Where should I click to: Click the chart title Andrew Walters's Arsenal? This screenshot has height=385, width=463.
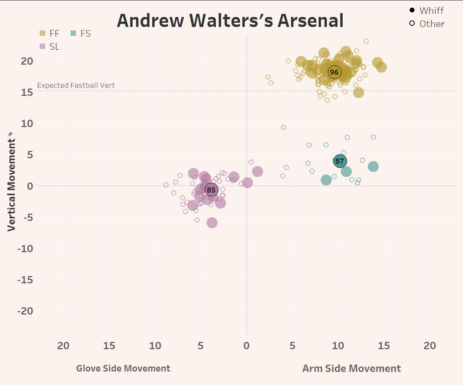(x=230, y=21)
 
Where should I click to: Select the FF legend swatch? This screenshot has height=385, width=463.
(x=43, y=33)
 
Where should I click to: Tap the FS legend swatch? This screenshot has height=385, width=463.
(x=73, y=33)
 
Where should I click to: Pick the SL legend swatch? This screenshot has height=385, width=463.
(x=43, y=47)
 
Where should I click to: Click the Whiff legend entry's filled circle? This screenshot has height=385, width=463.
(x=412, y=10)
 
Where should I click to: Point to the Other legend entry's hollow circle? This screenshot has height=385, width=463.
(x=412, y=23)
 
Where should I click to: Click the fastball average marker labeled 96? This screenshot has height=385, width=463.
(x=334, y=72)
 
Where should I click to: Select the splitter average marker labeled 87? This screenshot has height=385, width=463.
(x=340, y=161)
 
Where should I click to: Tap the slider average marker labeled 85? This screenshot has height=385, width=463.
(x=211, y=189)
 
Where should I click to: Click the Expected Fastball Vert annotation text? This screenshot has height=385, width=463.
(x=76, y=85)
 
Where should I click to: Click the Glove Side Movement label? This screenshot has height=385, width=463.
(x=123, y=368)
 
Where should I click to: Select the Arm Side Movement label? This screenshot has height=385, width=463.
(x=351, y=368)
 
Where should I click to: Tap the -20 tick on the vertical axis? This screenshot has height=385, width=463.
(x=25, y=311)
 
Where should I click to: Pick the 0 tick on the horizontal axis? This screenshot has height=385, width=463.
(x=247, y=346)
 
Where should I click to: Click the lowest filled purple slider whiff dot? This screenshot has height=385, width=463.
(x=212, y=223)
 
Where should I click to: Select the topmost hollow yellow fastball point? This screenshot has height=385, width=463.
(x=366, y=41)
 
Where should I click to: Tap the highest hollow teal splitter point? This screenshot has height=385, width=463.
(x=284, y=127)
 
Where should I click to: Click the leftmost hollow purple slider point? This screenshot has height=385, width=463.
(x=166, y=185)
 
